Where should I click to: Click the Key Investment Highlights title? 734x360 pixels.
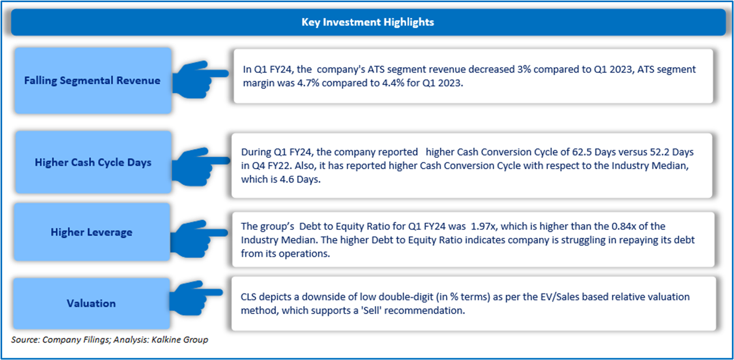pyautogui.click(x=368, y=22)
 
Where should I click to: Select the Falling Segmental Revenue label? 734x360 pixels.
pyautogui.click(x=92, y=81)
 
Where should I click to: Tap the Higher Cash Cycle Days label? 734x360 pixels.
pyautogui.click(x=93, y=163)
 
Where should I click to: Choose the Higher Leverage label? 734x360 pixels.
pyautogui.click(x=91, y=232)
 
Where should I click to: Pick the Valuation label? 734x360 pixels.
pyautogui.click(x=91, y=303)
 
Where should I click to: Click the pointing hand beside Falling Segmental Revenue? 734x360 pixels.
pyautogui.click(x=200, y=79)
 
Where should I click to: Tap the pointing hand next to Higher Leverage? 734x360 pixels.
pyautogui.click(x=199, y=238)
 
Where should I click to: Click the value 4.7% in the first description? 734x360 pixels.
pyautogui.click(x=308, y=83)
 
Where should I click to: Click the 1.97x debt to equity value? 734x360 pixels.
pyautogui.click(x=483, y=226)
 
